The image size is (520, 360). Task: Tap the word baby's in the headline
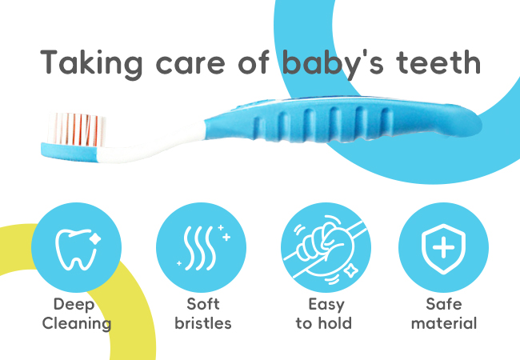click(333, 64)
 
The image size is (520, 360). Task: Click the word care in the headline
click(190, 66)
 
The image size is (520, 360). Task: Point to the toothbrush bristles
click(77, 130)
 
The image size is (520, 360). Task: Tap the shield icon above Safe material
click(443, 249)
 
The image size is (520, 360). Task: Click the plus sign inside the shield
click(443, 247)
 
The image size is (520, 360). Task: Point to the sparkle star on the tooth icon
click(95, 238)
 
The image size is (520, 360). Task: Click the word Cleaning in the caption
click(77, 323)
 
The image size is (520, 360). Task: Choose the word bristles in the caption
click(203, 323)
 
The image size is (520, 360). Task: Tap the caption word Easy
click(326, 305)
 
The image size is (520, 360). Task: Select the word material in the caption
click(444, 323)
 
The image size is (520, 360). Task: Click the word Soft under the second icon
click(203, 304)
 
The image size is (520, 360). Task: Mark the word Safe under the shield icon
click(444, 304)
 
